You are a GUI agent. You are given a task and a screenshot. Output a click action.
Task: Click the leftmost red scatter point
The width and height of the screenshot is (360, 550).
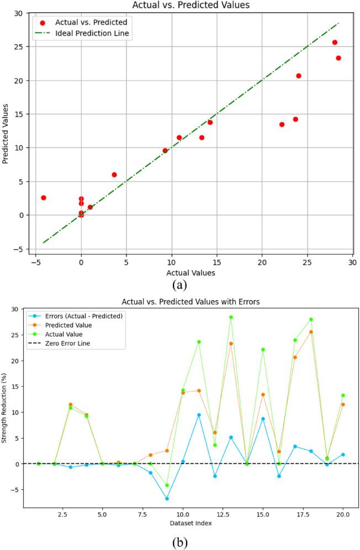[x=43, y=197]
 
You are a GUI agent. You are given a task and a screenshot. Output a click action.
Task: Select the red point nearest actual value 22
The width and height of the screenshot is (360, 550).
[x=282, y=125]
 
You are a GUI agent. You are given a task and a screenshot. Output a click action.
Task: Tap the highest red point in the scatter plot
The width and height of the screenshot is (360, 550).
[x=335, y=42]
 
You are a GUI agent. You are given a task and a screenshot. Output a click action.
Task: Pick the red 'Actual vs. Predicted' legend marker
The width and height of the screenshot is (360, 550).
[x=43, y=23]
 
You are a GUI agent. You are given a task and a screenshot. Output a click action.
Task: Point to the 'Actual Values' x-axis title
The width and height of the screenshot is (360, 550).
[x=190, y=273]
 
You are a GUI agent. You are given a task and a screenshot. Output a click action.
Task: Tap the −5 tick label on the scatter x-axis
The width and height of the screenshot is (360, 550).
[x=35, y=263]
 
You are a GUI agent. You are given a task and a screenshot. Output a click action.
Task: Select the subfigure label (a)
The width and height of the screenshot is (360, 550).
[x=180, y=285]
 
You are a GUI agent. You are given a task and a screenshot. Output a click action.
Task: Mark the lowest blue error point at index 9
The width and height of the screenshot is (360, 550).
[x=167, y=499]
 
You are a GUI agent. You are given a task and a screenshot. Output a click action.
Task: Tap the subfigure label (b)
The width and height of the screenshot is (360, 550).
[x=180, y=542]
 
